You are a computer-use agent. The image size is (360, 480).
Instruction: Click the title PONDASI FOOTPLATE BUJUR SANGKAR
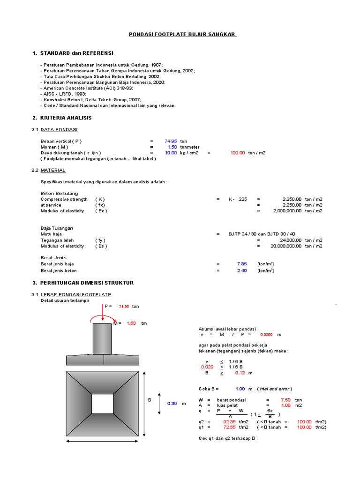(182, 35)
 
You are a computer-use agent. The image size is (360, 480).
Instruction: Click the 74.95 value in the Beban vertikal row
(171, 141)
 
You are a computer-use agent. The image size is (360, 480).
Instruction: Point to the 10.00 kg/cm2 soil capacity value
(171, 152)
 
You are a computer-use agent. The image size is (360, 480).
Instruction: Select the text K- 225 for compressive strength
(238, 199)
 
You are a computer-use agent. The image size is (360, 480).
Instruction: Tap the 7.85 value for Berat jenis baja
(242, 263)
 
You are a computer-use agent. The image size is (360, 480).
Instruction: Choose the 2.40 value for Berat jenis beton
(242, 270)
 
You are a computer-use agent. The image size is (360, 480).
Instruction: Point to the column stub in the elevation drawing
(103, 339)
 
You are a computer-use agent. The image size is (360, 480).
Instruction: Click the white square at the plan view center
(103, 404)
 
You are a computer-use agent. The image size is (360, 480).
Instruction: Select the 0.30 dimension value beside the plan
(172, 404)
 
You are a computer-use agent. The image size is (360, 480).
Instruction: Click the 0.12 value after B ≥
(240, 373)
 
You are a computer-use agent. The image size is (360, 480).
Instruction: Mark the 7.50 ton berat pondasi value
(285, 400)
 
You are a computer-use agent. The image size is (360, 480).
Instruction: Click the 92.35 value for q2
(229, 421)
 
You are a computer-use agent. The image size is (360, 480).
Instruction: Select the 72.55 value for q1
(229, 427)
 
